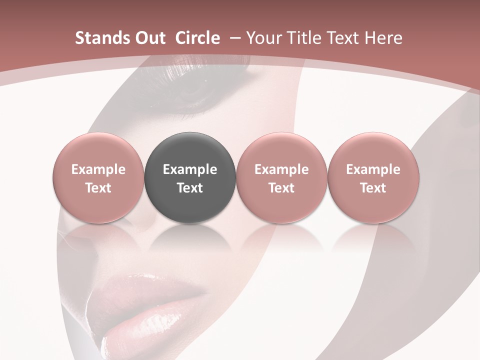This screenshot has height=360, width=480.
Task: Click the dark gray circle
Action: click(x=190, y=177)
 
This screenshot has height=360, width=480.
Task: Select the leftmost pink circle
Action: click(x=98, y=177)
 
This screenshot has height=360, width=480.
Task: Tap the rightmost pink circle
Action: click(x=373, y=177)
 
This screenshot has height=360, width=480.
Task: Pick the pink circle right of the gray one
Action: click(x=281, y=177)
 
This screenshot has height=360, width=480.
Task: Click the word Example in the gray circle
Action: click(x=190, y=169)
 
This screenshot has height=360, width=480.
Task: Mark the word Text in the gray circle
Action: click(x=190, y=188)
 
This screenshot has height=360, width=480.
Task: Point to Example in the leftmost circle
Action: click(x=98, y=169)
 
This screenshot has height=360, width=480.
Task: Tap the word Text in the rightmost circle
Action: click(x=373, y=188)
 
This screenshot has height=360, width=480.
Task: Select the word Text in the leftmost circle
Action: click(x=98, y=188)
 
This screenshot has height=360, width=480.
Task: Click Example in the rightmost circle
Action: click(x=373, y=169)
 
